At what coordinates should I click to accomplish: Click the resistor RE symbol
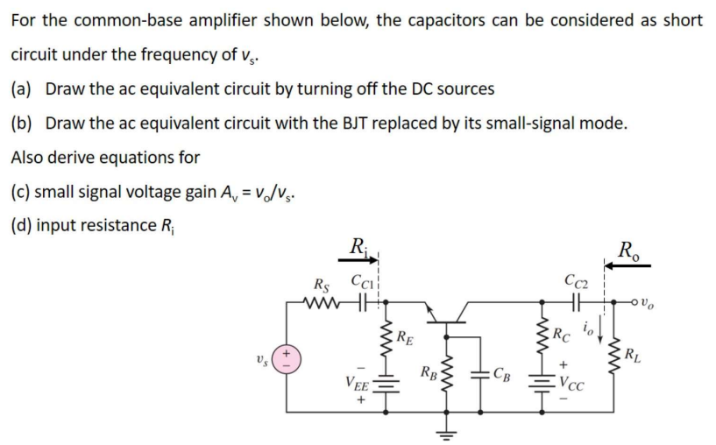point(382,336)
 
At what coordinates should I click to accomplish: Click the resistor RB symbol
point(447,378)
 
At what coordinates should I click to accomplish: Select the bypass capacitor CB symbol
point(481,379)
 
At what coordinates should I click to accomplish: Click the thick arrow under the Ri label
point(360,258)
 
